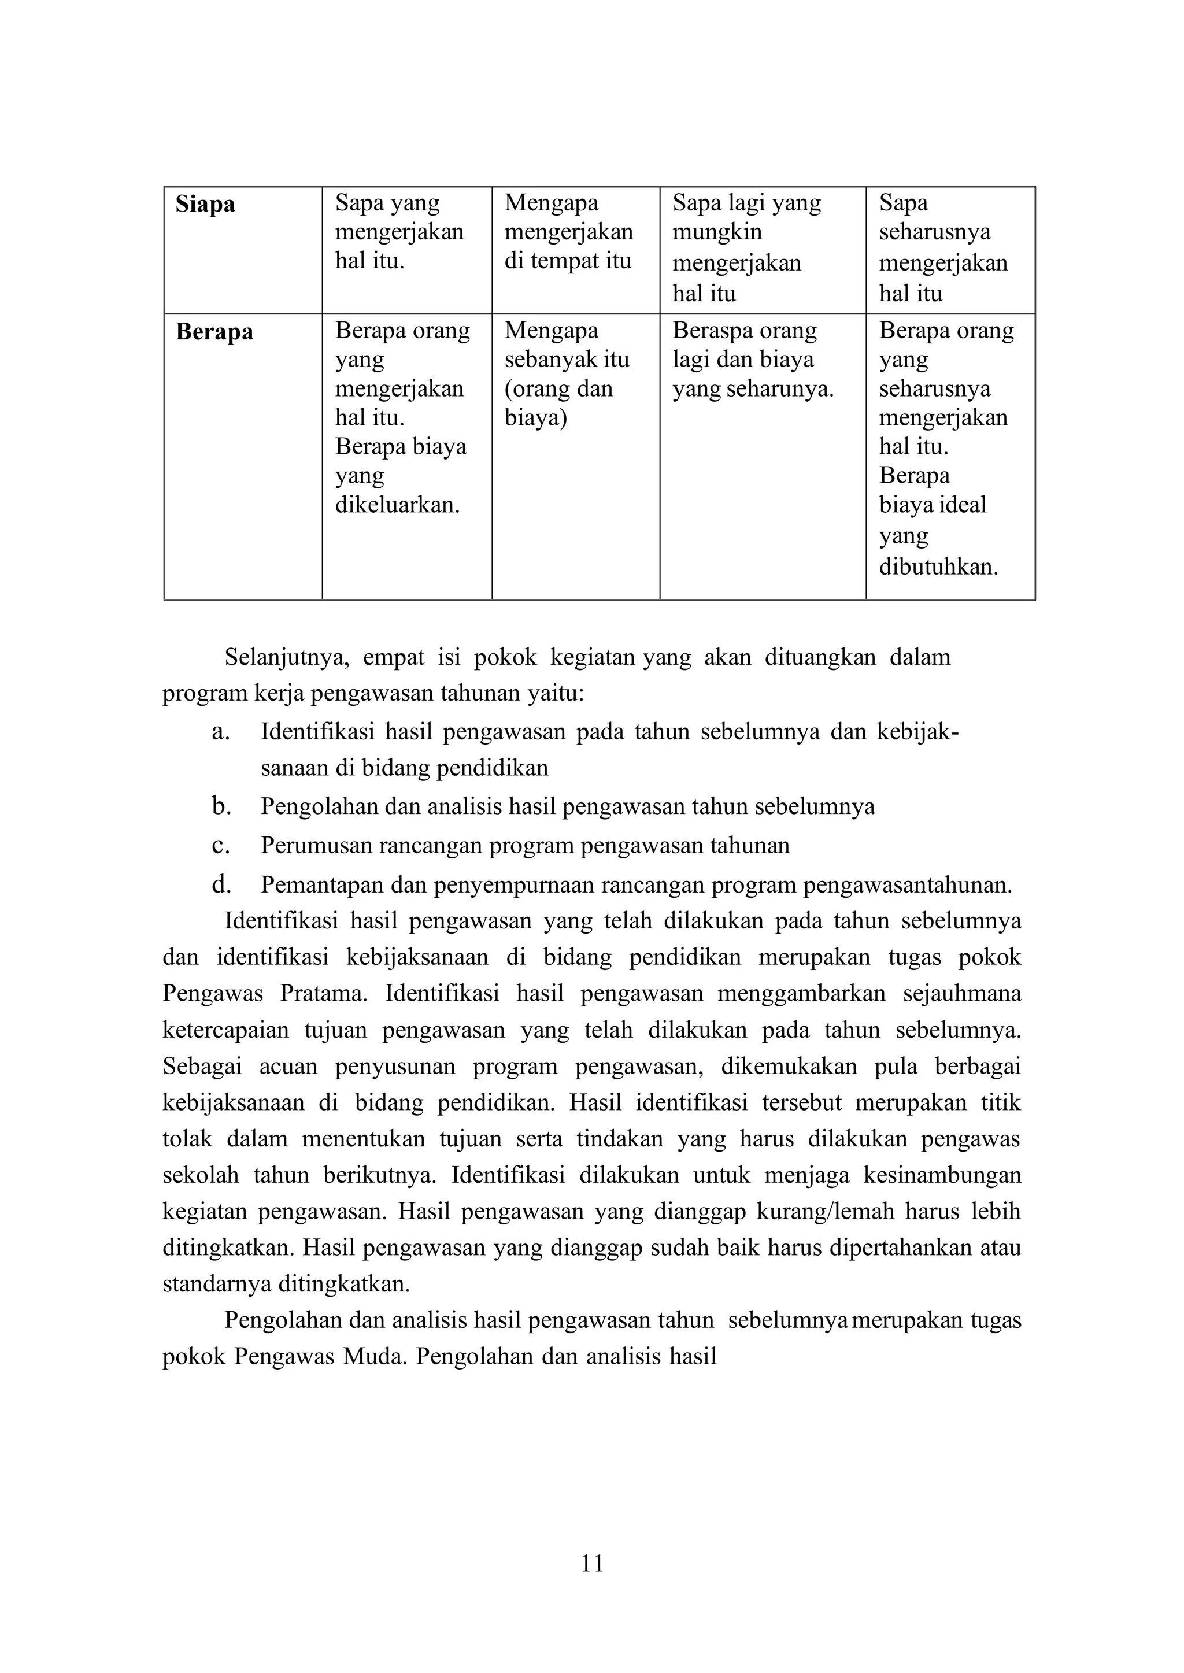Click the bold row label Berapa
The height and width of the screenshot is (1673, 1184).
[214, 332]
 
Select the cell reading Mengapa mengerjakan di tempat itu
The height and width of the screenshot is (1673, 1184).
[569, 232]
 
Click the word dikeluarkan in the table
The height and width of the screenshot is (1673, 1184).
[397, 505]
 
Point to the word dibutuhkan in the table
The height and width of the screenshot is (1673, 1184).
[938, 567]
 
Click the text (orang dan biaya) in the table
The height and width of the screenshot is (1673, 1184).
[558, 403]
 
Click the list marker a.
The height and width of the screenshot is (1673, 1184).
[220, 732]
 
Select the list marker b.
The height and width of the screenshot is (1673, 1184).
[221, 806]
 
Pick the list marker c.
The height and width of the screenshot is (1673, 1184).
[220, 846]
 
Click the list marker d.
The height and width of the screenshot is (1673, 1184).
[221, 885]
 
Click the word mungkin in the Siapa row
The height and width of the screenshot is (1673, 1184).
[717, 232]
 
